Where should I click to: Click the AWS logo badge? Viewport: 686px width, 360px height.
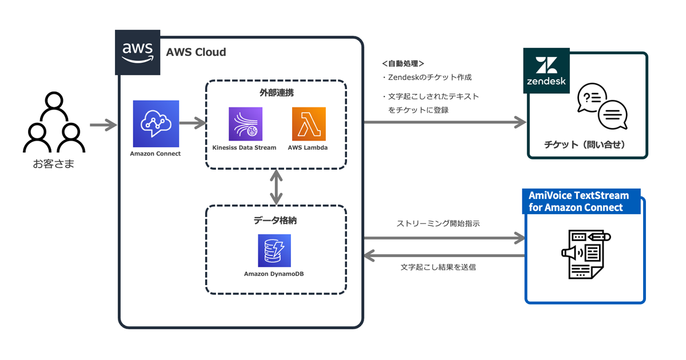[138, 52]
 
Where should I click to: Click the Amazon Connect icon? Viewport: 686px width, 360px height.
[155, 124]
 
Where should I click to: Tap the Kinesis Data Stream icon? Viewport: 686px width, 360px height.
[245, 124]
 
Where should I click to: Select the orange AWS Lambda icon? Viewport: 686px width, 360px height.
[309, 124]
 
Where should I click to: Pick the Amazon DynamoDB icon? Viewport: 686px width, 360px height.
[274, 250]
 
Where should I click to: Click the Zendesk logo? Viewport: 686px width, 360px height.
[546, 70]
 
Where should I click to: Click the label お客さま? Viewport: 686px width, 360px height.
[54, 165]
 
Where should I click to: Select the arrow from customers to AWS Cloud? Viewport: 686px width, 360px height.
[103, 123]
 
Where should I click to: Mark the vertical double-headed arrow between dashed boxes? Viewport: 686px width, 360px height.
[277, 187]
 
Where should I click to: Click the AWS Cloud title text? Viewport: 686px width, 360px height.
[196, 53]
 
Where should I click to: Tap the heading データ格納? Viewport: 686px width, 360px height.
[276, 219]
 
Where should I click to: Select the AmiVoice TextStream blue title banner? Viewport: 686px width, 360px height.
[581, 201]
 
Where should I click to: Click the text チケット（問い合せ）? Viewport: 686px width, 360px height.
[585, 145]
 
